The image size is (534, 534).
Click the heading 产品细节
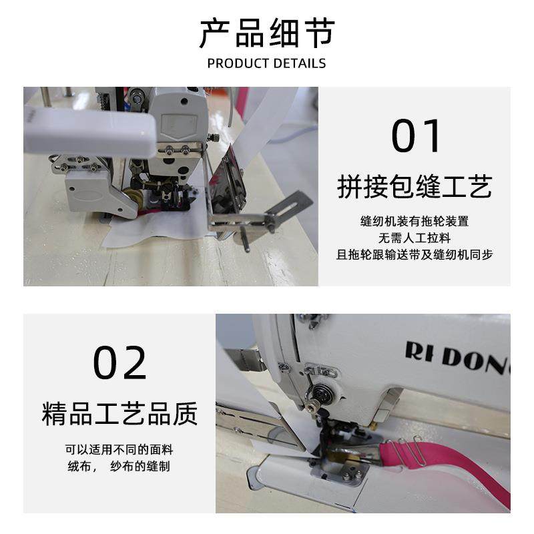pyautogui.click(x=266, y=33)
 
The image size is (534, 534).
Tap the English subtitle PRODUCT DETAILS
pyautogui.click(x=266, y=63)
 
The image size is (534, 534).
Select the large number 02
pyautogui.click(x=119, y=362)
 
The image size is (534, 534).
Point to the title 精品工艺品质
pyautogui.click(x=119, y=413)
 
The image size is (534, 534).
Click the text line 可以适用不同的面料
pyautogui.click(x=119, y=449)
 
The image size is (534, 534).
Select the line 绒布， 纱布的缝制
pyautogui.click(x=119, y=466)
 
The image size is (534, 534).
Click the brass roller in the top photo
pyautogui.click(x=133, y=196)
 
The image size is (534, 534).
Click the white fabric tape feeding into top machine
pyautogui.click(x=264, y=123)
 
